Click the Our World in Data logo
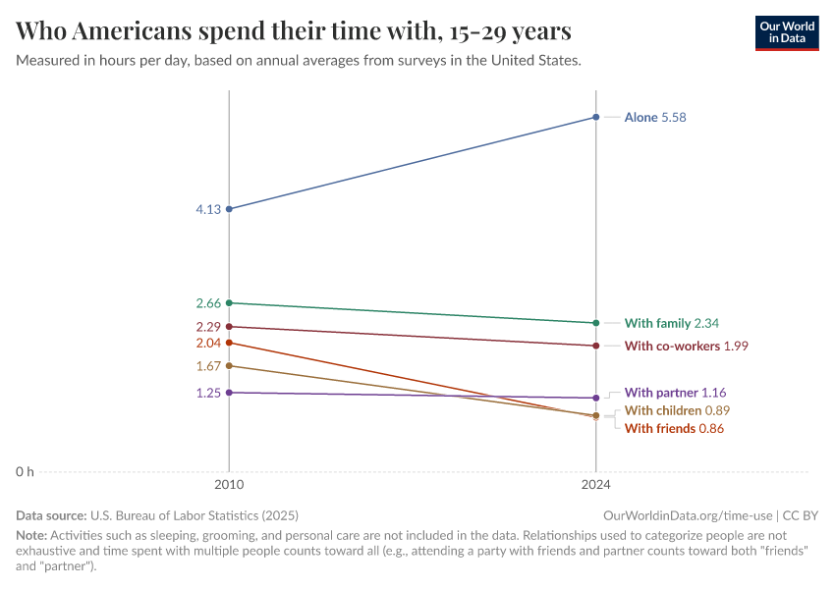786,32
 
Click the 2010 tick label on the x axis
229,484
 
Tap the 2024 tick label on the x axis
596,484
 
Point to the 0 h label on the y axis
24,472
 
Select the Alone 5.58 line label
655,118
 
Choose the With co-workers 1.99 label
687,346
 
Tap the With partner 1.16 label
675,393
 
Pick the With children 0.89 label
677,410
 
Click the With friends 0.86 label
674,429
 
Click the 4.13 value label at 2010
207,209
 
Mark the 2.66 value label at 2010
207,303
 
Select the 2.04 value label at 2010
207,344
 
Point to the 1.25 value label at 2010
207,393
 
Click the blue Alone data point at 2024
596,118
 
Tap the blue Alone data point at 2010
229,209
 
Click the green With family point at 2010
229,302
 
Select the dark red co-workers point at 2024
596,346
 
